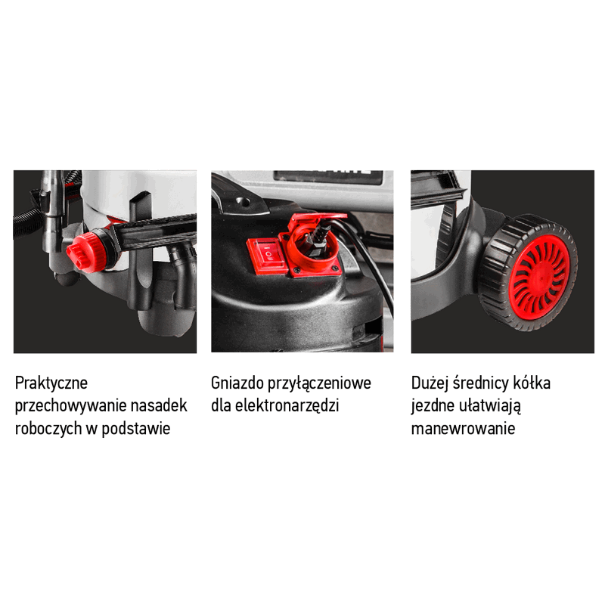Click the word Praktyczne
(51, 383)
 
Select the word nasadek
(159, 405)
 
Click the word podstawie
(136, 428)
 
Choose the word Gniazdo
(237, 383)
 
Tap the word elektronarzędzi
(287, 406)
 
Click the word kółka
(532, 383)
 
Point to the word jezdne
(432, 406)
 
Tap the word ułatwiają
(490, 406)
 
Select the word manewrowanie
(463, 428)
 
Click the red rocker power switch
(267, 255)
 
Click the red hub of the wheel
(540, 277)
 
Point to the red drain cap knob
(82, 254)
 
